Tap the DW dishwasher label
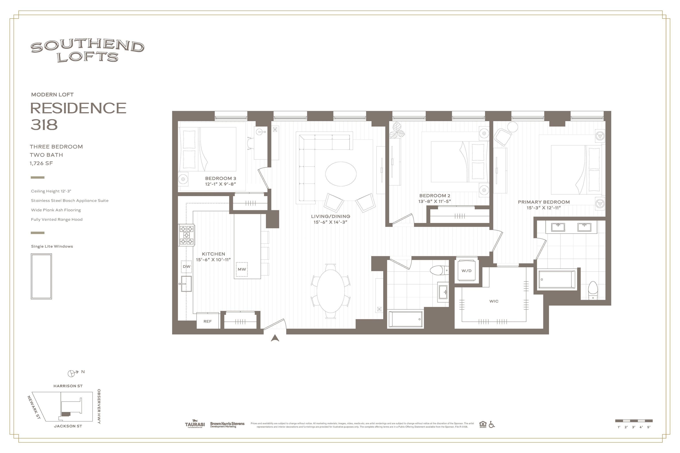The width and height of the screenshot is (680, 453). point(186,266)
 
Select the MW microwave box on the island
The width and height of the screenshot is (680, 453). point(242,269)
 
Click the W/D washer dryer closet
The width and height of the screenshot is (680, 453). point(466,271)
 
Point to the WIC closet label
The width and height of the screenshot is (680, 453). point(494,301)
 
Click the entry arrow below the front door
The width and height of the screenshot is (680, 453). point(275,338)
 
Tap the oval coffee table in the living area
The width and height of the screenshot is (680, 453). point(341,174)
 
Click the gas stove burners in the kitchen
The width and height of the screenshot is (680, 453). point(186,235)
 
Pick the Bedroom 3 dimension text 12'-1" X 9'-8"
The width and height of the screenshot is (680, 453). point(221,184)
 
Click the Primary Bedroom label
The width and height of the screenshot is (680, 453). point(544,202)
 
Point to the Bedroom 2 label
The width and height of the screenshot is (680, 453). point(435,196)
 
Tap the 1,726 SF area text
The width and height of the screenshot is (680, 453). point(41,163)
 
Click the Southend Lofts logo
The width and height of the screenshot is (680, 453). point(87,51)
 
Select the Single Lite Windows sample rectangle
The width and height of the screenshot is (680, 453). point(41,276)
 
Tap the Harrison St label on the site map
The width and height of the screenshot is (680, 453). point(68,386)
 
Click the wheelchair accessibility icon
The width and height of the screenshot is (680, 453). point(491,424)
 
